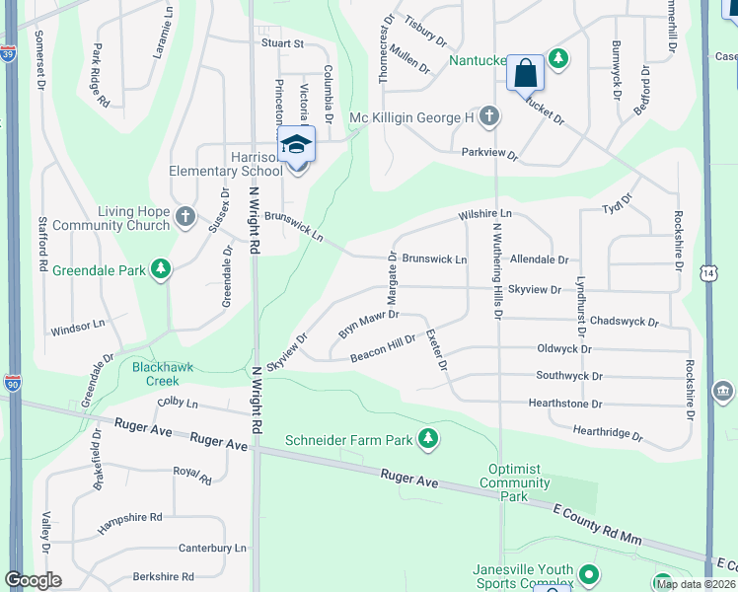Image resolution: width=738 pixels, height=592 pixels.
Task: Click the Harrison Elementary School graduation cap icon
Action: coord(296,145)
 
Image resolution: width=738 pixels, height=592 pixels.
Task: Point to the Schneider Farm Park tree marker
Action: coord(427,438)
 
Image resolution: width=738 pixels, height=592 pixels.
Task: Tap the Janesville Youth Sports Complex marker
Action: coord(589,573)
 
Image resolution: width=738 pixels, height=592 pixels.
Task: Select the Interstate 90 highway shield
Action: coord(13,383)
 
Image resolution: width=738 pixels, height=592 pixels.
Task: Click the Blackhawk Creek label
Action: coord(156,373)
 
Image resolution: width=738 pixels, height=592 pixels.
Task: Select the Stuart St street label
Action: coord(282,43)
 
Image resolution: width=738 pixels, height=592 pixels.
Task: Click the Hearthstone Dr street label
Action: coord(567,404)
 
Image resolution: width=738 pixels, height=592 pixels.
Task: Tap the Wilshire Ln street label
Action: coord(484,213)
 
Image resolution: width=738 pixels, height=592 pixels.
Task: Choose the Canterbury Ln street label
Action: coord(212,548)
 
